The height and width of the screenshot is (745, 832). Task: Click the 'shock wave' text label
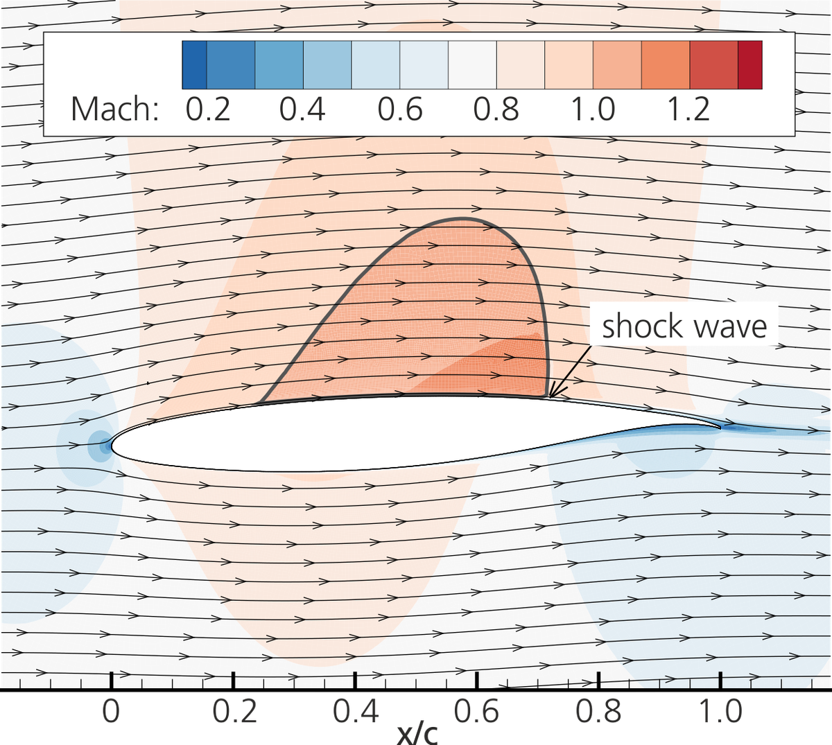click(684, 326)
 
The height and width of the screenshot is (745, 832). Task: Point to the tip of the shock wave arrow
click(549, 397)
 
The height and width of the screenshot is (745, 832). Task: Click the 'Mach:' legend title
click(115, 109)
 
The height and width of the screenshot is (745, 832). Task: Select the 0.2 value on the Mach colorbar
click(208, 109)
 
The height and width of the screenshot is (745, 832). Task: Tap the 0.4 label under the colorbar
click(302, 109)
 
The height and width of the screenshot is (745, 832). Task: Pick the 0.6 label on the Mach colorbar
click(399, 109)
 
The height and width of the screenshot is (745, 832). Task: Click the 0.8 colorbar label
click(496, 109)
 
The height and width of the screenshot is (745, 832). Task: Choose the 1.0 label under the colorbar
click(593, 109)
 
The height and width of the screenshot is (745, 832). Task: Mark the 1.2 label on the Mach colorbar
click(688, 109)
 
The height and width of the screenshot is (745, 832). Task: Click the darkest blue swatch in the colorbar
click(194, 64)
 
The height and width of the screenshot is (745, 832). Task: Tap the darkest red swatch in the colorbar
click(750, 64)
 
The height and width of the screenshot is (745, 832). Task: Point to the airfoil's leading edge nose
click(112, 444)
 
